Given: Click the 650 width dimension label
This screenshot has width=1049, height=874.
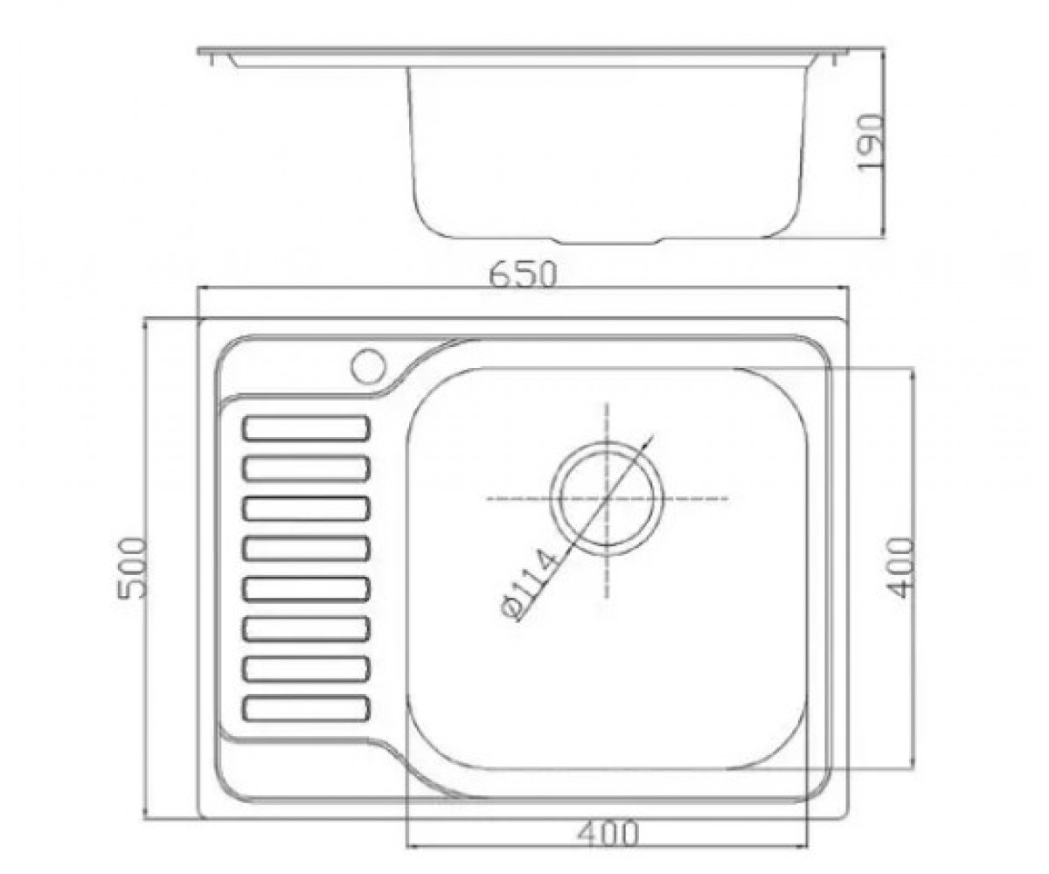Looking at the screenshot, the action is point(523,274).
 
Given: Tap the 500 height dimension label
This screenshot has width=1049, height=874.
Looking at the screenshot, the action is point(133,567).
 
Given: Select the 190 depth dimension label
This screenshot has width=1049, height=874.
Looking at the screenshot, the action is point(871,142).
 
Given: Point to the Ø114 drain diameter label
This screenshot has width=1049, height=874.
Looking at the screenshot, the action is point(531,586).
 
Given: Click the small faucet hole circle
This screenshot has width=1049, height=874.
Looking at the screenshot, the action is point(368,365).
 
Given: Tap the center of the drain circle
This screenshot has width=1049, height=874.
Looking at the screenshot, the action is point(607,498).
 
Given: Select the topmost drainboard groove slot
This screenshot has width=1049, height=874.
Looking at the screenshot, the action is point(307,428).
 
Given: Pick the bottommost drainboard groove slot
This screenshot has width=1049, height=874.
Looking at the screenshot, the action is point(307,708).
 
